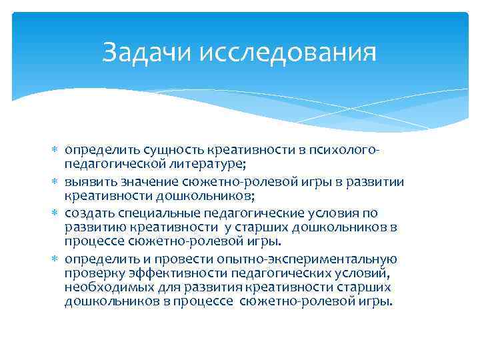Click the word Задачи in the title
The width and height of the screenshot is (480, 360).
click(x=144, y=53)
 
